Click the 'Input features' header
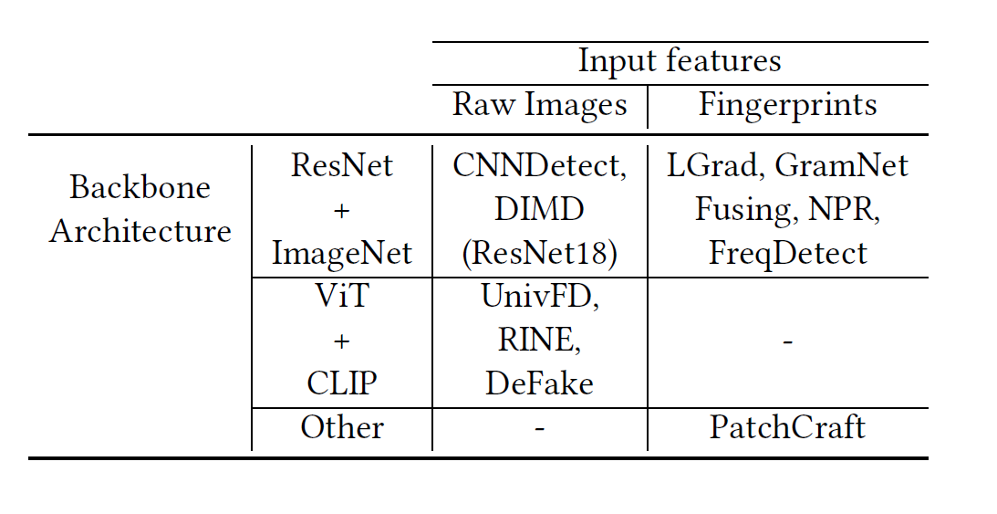pyautogui.click(x=680, y=61)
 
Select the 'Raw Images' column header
pyautogui.click(x=540, y=105)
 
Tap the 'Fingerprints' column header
pyautogui.click(x=787, y=105)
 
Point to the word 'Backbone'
pyautogui.click(x=140, y=187)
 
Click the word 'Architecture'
pyautogui.click(x=140, y=231)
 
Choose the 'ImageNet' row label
pyautogui.click(x=342, y=253)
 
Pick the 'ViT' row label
pyautogui.click(x=342, y=297)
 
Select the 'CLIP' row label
pyautogui.click(x=342, y=383)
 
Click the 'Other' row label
pyautogui.click(x=342, y=427)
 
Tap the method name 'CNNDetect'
pyautogui.click(x=536, y=166)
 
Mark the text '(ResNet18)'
pyautogui.click(x=540, y=253)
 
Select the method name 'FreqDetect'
pyautogui.click(x=787, y=253)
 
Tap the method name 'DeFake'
pyautogui.click(x=540, y=383)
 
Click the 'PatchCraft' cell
pyautogui.click(x=787, y=427)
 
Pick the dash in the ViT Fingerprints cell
pyautogui.click(x=787, y=341)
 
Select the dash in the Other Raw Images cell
pyautogui.click(x=540, y=428)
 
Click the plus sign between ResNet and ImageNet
pyautogui.click(x=342, y=211)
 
